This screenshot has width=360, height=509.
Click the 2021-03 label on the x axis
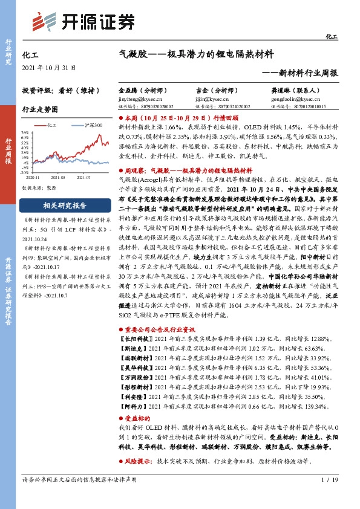[x=58, y=178]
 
